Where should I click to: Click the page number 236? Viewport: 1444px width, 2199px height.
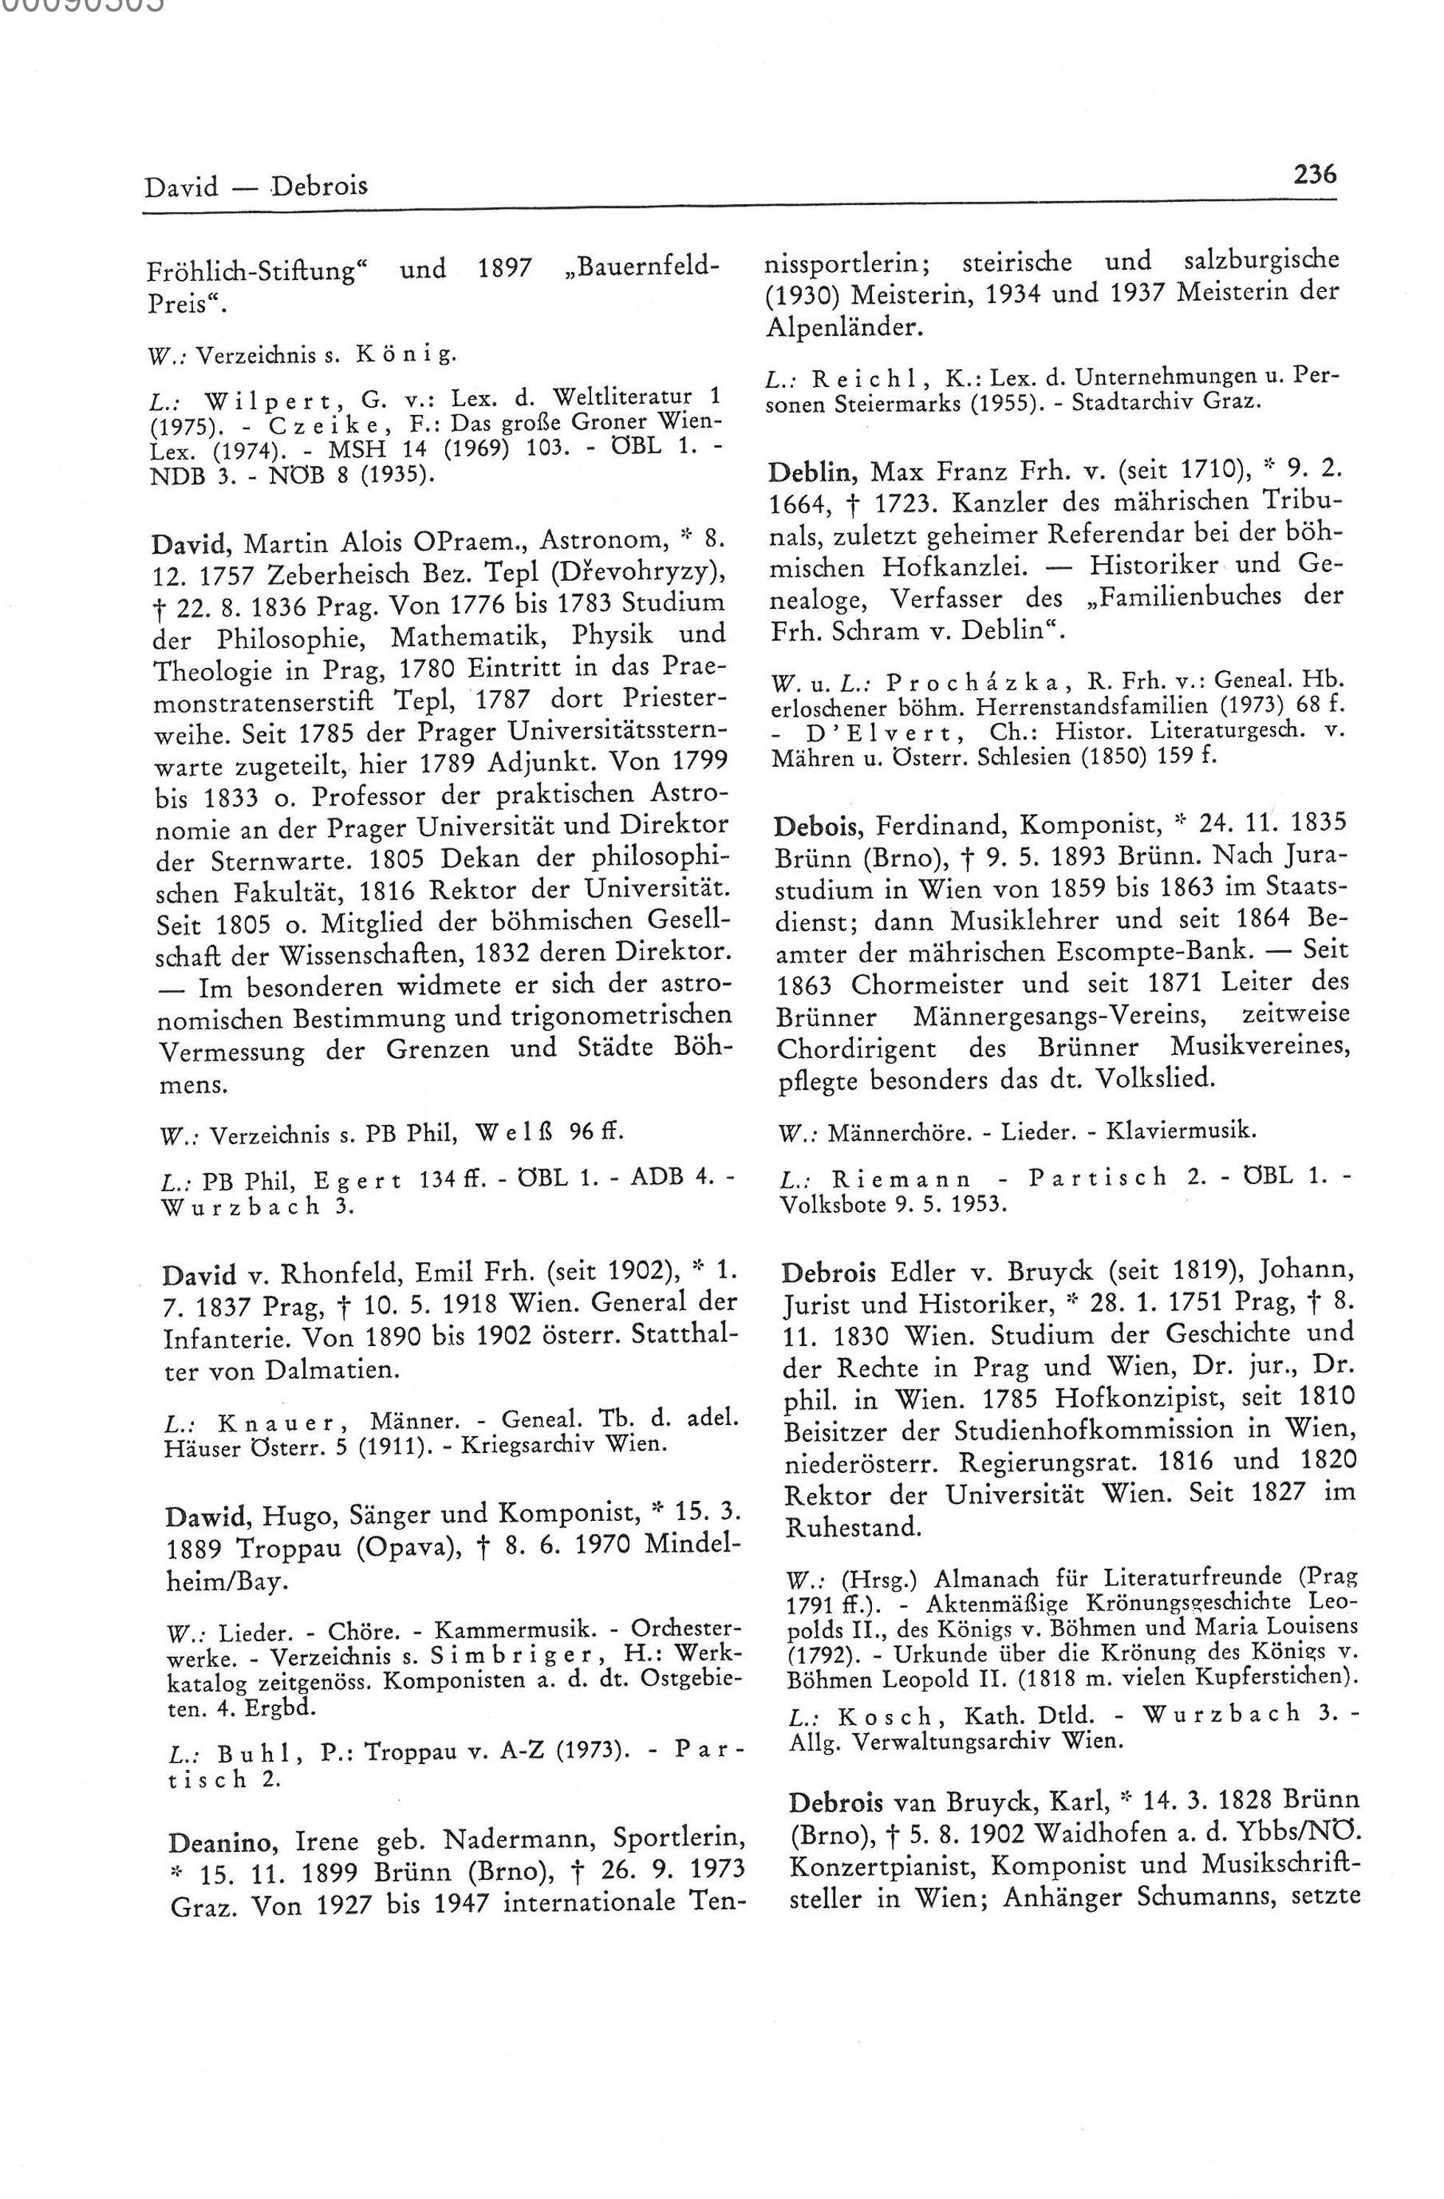1316,175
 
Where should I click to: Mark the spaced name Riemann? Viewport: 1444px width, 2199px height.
901,1180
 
